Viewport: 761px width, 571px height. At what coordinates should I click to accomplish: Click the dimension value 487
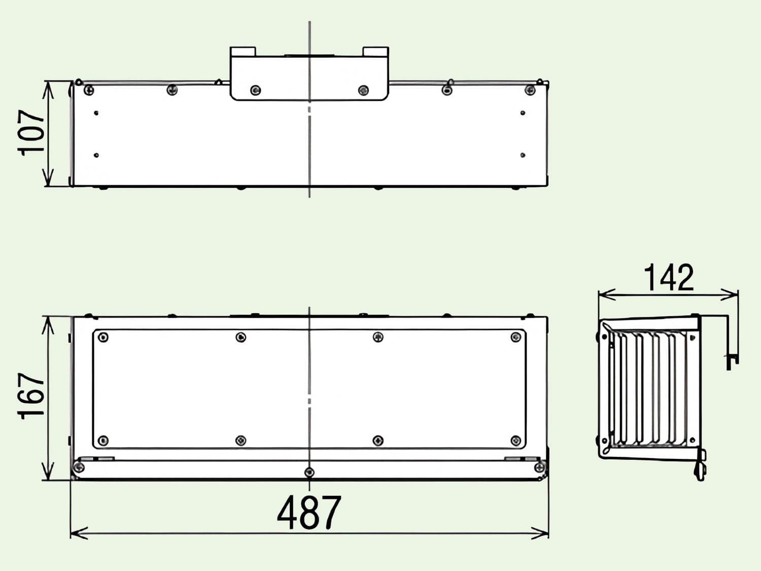pos(309,513)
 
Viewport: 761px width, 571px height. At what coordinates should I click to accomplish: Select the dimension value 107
pos(31,133)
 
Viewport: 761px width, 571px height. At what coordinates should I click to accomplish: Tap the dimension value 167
pos(31,396)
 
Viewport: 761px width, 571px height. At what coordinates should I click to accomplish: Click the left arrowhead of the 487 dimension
pos(79,533)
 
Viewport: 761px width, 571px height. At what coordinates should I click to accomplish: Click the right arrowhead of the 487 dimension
pos(540,533)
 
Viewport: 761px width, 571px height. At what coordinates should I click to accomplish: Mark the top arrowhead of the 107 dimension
pos(48,90)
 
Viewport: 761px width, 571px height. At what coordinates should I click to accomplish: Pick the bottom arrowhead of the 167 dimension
pos(48,472)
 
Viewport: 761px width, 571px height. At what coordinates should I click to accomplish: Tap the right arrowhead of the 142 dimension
pos(729,295)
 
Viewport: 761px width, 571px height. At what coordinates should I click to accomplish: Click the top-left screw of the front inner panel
pos(103,337)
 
